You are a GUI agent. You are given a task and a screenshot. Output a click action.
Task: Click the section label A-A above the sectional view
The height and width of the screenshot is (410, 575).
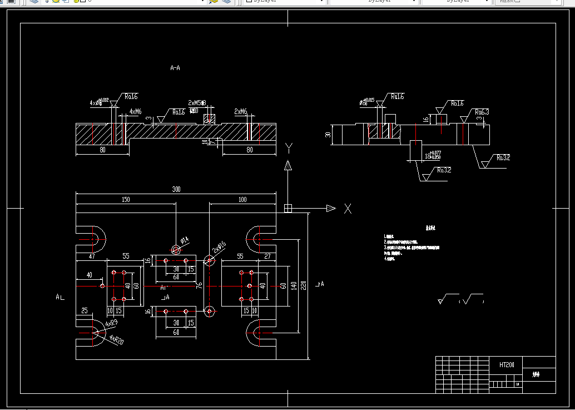[175, 68]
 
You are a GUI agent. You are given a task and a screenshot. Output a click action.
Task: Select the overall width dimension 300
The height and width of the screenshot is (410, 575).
[176, 190]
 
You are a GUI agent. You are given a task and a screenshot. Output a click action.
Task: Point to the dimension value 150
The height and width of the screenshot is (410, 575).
[126, 199]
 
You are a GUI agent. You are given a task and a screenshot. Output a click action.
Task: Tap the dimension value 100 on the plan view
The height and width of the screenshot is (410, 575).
[242, 199]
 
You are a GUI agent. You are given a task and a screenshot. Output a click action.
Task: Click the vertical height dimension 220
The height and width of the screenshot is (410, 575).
[304, 285]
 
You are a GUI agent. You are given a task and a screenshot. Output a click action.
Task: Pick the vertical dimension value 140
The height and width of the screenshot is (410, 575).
[293, 285]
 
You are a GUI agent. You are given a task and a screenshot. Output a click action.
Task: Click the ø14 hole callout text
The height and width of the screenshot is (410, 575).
[184, 240]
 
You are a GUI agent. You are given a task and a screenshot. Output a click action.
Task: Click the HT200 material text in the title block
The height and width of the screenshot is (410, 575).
[507, 365]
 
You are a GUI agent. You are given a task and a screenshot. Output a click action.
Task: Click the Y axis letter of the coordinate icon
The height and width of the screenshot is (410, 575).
[289, 147]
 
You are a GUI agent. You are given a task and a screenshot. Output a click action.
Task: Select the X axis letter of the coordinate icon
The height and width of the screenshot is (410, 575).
[348, 209]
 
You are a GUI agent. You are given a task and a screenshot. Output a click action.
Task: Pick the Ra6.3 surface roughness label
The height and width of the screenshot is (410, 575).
[482, 112]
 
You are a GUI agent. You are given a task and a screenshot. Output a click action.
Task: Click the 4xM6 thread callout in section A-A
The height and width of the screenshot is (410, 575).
[135, 112]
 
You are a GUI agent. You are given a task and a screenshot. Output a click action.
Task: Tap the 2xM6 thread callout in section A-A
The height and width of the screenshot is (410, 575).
[240, 112]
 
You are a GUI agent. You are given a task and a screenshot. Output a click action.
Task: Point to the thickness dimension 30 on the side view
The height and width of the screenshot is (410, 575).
[328, 135]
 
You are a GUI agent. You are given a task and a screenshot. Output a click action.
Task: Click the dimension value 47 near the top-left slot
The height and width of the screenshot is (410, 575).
[92, 256]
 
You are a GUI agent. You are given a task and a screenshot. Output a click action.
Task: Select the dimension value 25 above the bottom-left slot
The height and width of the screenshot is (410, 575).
[84, 310]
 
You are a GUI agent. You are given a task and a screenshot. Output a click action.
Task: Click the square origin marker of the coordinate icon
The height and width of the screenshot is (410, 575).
[288, 208]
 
